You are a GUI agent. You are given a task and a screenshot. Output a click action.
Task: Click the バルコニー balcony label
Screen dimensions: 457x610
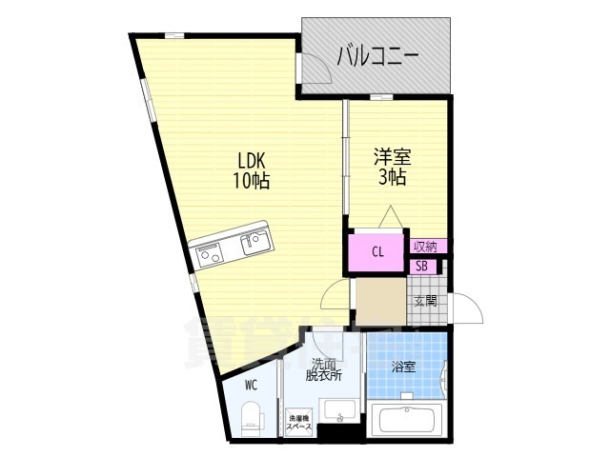tap(378, 56)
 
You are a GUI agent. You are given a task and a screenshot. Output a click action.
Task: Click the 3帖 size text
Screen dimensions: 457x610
tap(392, 178)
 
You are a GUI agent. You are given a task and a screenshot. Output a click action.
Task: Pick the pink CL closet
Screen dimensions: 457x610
tap(377, 252)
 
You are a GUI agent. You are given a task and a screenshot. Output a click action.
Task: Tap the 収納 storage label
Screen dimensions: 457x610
tap(425, 247)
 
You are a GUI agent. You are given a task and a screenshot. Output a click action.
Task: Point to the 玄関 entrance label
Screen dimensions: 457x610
tap(425, 302)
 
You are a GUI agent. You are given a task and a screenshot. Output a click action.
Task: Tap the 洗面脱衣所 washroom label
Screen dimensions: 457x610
tap(321, 369)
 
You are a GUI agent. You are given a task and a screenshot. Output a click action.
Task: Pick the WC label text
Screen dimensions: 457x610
tap(251, 386)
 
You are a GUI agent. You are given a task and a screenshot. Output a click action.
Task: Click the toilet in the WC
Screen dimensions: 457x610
tap(251, 417)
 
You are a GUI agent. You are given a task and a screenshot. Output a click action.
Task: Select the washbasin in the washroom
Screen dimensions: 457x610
tap(338, 412)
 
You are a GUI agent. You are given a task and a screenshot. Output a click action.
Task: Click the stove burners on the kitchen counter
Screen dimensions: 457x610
tap(210, 254)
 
